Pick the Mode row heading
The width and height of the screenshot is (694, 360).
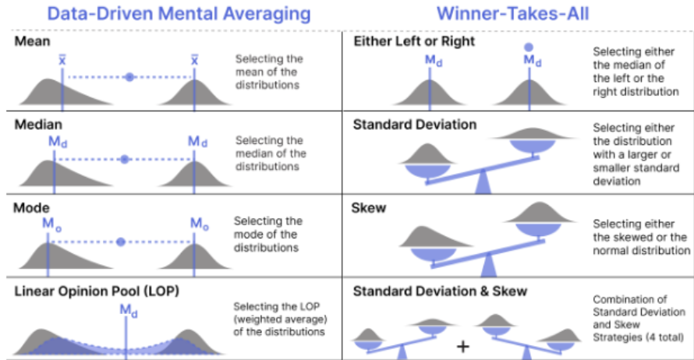click(32, 208)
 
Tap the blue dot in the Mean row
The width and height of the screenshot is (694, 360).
click(129, 76)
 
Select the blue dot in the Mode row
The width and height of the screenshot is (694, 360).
click(120, 242)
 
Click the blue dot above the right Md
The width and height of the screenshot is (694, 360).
click(531, 47)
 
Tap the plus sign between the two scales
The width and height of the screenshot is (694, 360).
click(462, 345)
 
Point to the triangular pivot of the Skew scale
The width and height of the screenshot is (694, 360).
click(488, 267)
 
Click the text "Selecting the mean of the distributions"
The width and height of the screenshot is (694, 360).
click(268, 72)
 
